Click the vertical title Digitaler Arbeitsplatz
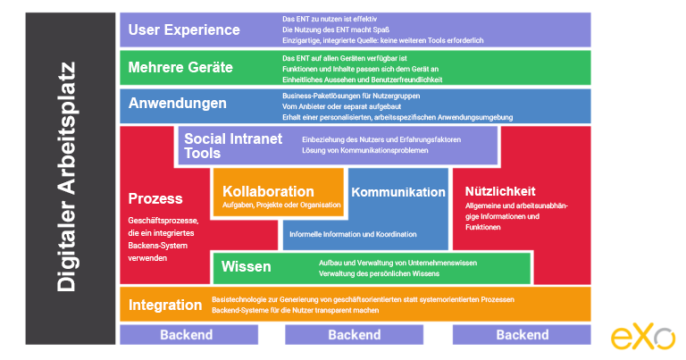pyautogui.click(x=66, y=177)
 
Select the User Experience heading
pyautogui.click(x=184, y=29)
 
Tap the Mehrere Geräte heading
pyautogui.click(x=180, y=67)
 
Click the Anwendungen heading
pyautogui.click(x=177, y=104)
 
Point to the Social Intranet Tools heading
pyautogui.click(x=233, y=146)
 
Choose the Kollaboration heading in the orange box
pyautogui.click(x=268, y=191)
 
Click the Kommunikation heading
pyautogui.click(x=398, y=192)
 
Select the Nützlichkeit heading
pyautogui.click(x=500, y=191)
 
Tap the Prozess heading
pyautogui.click(x=155, y=199)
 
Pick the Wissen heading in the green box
pyautogui.click(x=246, y=266)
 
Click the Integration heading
pyautogui.click(x=165, y=305)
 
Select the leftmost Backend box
pyautogui.click(x=189, y=335)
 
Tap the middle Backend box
pyautogui.click(x=354, y=335)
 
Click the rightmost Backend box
pyautogui.click(x=522, y=335)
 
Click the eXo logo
pyautogui.click(x=643, y=337)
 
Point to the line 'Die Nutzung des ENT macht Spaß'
pyautogui.click(x=336, y=29)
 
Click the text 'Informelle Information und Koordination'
pyautogui.click(x=353, y=234)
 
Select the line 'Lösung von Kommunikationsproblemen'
pyautogui.click(x=364, y=150)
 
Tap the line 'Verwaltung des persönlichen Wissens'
pyautogui.click(x=379, y=274)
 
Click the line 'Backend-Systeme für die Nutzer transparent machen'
pyautogui.click(x=296, y=311)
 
